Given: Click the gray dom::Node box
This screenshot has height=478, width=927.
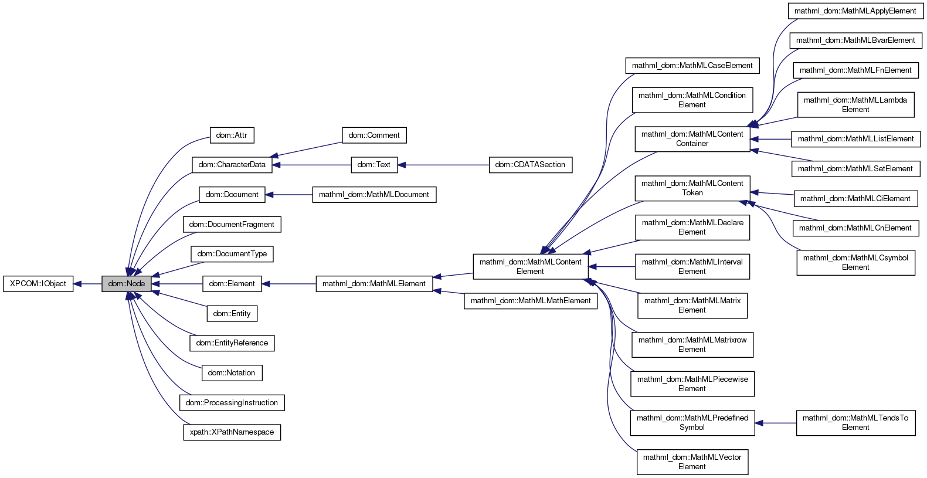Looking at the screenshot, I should (127, 284).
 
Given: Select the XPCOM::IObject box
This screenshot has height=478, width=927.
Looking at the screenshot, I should (38, 284).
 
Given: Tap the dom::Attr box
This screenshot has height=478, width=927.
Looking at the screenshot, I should (232, 135).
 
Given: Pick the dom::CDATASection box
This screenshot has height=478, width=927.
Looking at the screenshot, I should (530, 165).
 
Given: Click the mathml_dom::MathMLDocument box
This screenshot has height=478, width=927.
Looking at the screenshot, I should (374, 195).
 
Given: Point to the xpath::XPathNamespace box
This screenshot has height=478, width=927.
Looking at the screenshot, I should (232, 432).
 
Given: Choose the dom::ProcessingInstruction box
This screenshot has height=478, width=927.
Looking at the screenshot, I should (232, 403).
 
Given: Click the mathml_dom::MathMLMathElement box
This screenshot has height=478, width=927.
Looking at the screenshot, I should (531, 301).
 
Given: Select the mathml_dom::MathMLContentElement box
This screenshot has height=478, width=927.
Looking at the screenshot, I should (530, 267).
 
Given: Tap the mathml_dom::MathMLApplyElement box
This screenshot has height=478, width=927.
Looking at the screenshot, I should (855, 11).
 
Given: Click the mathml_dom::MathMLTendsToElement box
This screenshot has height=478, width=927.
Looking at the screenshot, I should (855, 423).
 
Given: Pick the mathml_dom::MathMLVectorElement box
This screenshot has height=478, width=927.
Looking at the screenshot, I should (692, 462).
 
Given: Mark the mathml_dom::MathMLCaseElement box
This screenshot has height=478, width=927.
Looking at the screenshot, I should (692, 66).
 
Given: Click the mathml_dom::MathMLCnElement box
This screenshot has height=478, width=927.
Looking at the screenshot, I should (855, 228).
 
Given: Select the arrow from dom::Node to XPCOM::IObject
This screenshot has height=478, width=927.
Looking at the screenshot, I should (87, 284).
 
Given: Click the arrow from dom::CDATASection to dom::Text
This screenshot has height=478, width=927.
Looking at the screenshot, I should (443, 165).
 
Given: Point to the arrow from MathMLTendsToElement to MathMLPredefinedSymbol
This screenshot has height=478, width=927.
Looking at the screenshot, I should (775, 423).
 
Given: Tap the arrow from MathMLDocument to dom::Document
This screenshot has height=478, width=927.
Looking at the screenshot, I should (288, 195).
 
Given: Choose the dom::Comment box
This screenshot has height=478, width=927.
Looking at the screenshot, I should (374, 135).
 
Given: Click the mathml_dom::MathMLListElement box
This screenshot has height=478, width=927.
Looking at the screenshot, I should (855, 139).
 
